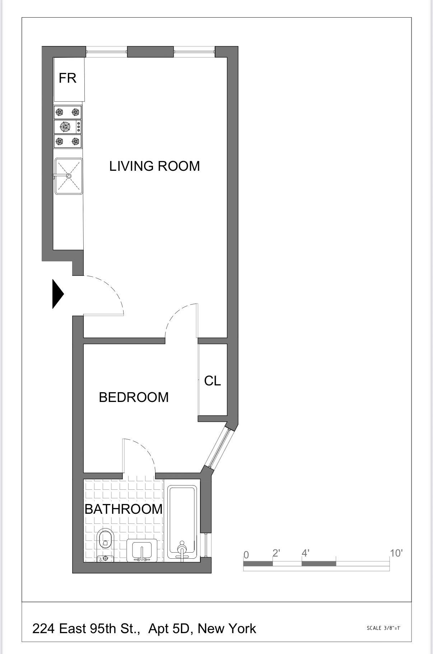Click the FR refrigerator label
67,78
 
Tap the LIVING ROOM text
154,166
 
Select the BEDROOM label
134,397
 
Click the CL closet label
213,381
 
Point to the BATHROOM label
124,509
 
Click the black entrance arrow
57,294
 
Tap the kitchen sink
69,176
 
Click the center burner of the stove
65,127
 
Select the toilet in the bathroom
105,541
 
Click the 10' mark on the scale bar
396,553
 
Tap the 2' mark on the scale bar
276,553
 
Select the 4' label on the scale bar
305,553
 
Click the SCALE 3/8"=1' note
383,628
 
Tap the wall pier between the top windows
150,52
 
